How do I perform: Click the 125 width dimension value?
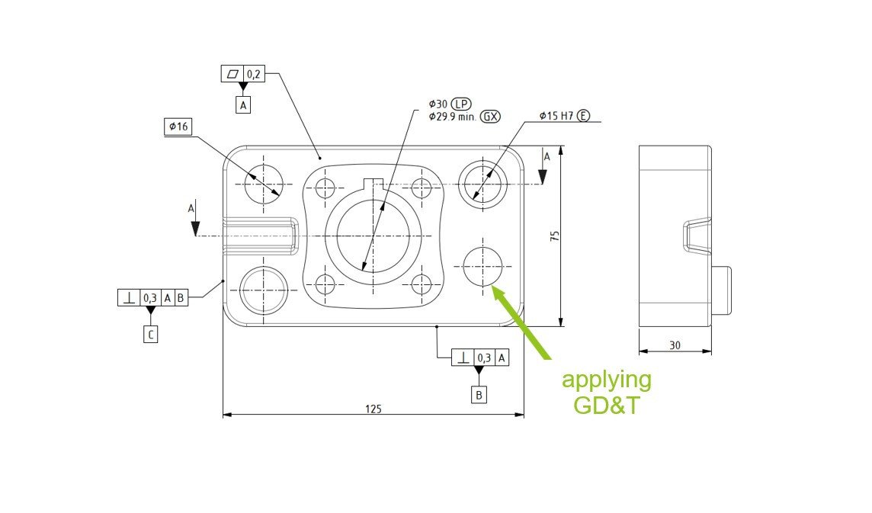pos(373,409)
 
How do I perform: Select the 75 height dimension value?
pos(555,236)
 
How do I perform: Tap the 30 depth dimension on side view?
pos(675,345)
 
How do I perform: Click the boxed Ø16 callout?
pos(178,127)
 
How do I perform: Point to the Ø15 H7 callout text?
pos(556,116)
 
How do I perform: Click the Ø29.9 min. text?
pos(452,117)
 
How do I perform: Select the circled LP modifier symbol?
pos(462,104)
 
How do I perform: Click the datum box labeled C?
pos(151,334)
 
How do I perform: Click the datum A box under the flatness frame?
pos(243,105)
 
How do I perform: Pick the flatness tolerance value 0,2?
pos(255,74)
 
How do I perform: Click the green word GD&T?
pos(607,406)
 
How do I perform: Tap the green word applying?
pos(607,380)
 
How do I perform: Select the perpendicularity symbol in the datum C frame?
pos(129,297)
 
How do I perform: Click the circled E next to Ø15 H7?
pos(583,116)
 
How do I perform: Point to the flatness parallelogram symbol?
pos(231,74)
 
